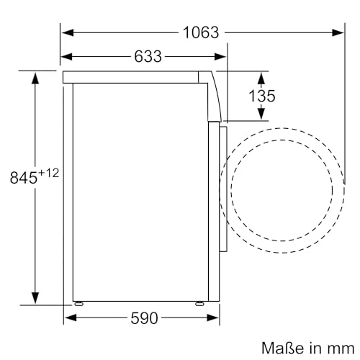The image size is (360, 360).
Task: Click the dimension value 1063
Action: click(x=201, y=32)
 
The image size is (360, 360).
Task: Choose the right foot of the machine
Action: click(x=199, y=302)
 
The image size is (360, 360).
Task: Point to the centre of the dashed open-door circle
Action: click(x=282, y=189)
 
